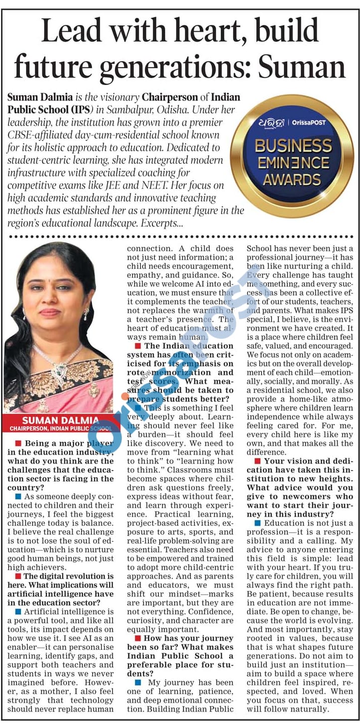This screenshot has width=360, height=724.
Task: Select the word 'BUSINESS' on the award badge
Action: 293,146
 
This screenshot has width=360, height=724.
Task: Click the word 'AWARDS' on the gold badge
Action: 292,179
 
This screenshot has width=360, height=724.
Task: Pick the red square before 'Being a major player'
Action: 18,443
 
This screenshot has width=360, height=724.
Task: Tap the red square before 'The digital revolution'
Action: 18,576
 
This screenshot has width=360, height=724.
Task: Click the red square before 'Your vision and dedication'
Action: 257,461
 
